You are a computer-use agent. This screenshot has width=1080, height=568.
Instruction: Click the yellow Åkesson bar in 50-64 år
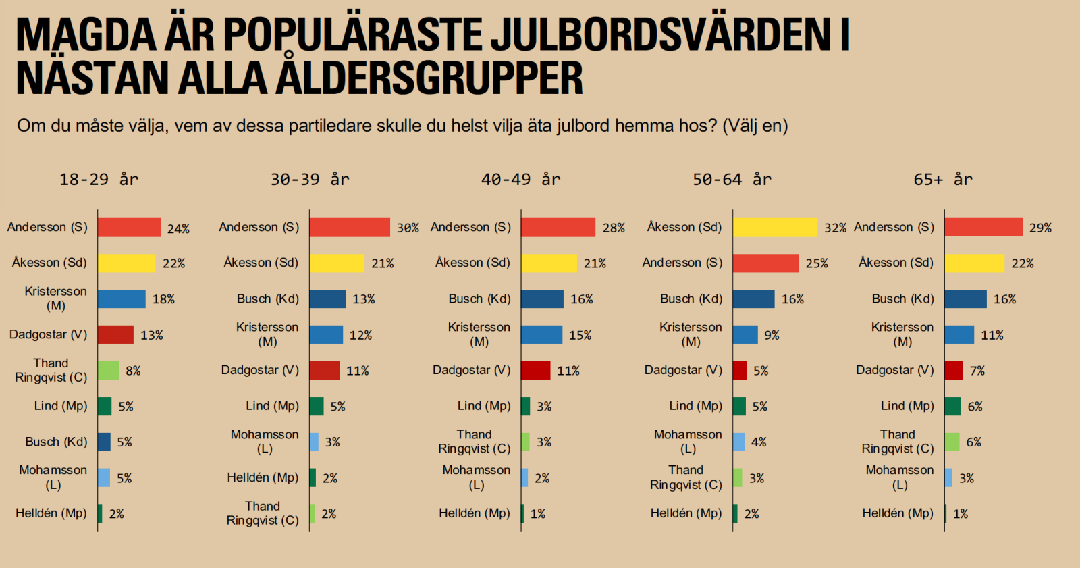(775, 228)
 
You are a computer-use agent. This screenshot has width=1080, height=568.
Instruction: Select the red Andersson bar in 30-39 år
(350, 228)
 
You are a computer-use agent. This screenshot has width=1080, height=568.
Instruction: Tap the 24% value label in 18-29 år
(178, 229)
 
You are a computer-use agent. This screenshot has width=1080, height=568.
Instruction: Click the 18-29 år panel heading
(99, 180)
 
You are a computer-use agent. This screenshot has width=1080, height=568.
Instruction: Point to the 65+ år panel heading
(943, 180)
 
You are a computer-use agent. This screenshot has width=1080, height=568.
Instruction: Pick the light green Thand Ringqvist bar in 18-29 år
(109, 370)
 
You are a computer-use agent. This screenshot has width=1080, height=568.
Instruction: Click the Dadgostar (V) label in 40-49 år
(471, 370)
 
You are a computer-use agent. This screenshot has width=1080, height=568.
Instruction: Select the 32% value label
(835, 228)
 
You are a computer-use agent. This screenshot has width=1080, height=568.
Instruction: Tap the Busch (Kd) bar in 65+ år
(965, 299)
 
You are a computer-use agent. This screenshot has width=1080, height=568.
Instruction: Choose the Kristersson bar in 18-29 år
(122, 299)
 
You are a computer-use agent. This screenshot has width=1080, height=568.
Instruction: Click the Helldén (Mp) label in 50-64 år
(686, 513)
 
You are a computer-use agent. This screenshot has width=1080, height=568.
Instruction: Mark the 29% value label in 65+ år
(1040, 228)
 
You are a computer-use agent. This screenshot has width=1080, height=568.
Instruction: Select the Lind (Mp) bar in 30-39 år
(317, 406)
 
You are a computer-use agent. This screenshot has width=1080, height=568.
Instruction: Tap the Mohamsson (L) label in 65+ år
(899, 477)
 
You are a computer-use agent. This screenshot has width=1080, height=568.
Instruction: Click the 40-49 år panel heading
(520, 180)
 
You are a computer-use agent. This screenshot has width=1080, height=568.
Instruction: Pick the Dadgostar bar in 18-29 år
(115, 334)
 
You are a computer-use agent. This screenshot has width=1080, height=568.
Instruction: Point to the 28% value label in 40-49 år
(614, 228)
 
